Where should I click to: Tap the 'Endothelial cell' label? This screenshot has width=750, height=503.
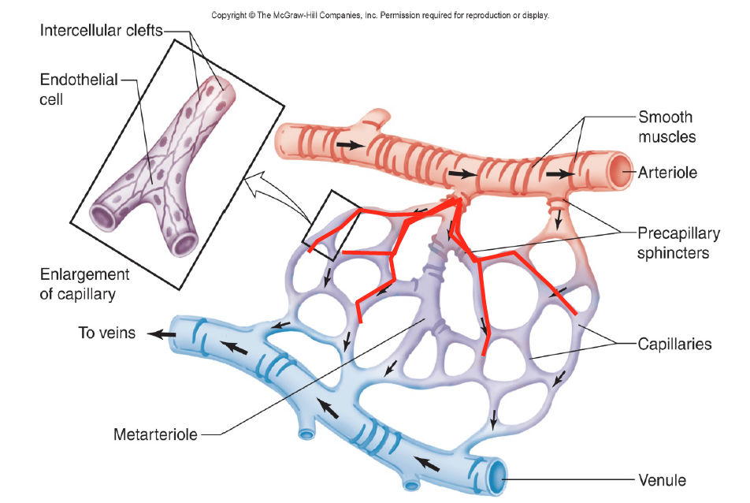[x=80, y=89]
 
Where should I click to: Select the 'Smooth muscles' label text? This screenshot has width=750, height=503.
[x=665, y=126]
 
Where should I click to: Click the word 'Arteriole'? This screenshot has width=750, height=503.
[x=667, y=172]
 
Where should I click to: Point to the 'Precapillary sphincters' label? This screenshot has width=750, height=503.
[x=678, y=244]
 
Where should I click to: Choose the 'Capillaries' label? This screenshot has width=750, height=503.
[x=674, y=344]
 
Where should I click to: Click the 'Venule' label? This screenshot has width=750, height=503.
[x=661, y=479]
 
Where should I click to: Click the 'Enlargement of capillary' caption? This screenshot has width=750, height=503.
[x=84, y=284]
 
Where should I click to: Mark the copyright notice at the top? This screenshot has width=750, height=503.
[x=379, y=15]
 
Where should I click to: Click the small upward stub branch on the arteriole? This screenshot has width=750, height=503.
[x=377, y=118]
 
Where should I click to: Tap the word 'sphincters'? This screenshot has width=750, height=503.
[x=678, y=253]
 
